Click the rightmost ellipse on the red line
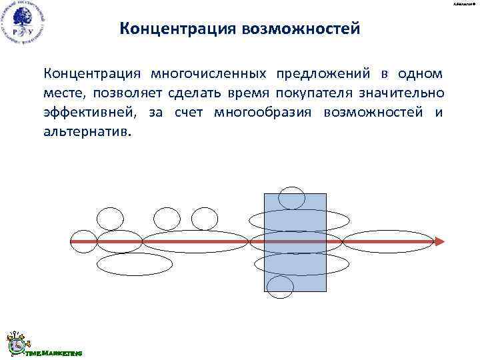(x=378, y=241)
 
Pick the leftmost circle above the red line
(x=110, y=218)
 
